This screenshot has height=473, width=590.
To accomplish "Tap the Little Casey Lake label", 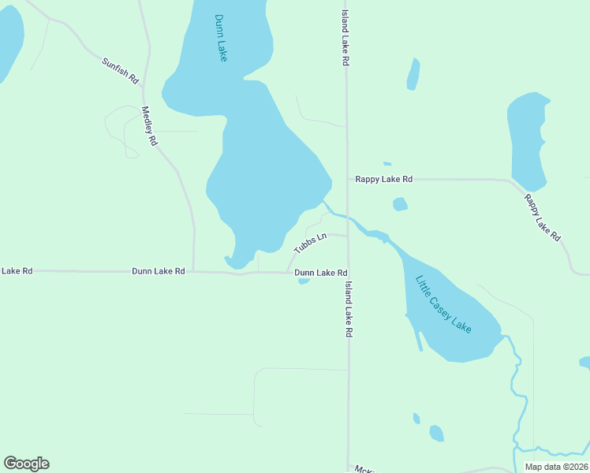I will [x=443, y=304].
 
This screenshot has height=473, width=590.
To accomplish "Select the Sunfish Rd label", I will [x=120, y=70].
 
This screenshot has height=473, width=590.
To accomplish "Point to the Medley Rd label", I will [x=149, y=126].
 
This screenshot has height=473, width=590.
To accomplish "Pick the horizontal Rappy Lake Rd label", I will [x=383, y=180].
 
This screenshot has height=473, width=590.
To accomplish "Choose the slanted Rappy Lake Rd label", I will [x=542, y=217].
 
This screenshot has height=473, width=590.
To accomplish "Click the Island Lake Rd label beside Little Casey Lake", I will [x=348, y=310].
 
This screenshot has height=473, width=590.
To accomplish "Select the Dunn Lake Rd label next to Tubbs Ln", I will [x=321, y=273].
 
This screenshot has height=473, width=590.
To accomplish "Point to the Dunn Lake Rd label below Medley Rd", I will [x=158, y=271].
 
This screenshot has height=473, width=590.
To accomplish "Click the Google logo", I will [x=26, y=464].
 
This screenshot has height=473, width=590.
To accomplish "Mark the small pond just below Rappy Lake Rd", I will [x=400, y=205].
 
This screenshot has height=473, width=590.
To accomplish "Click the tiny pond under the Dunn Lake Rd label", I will [x=304, y=281].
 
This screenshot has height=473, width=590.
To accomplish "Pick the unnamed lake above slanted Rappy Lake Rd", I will [x=527, y=142].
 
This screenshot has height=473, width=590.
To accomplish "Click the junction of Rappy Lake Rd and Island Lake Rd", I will [x=348, y=180].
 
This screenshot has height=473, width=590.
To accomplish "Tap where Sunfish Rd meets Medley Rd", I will [x=142, y=85].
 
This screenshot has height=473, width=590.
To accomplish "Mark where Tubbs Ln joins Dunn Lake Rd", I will [x=286, y=273].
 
